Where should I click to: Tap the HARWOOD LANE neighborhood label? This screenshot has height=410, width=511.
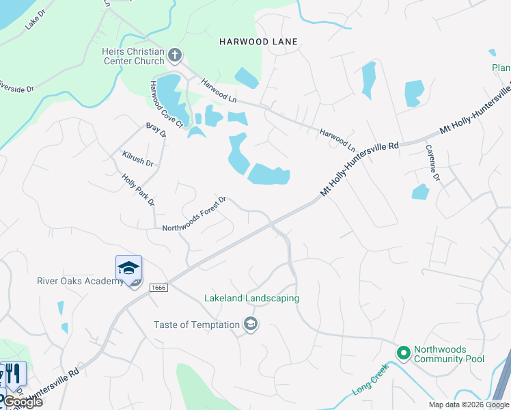[258, 42]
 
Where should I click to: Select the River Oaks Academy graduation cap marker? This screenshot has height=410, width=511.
[128, 269]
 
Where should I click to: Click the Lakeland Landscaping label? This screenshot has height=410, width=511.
[251, 299]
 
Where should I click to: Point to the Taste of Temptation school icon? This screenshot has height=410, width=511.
[251, 324]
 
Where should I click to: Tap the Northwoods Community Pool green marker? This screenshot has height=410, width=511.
[403, 353]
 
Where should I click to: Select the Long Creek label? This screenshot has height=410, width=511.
[370, 381]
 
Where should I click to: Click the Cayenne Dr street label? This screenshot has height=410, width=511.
[433, 163]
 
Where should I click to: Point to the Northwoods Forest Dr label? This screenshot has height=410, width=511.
[195, 214]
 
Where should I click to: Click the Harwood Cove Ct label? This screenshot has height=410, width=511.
[167, 104]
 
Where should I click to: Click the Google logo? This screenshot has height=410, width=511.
[22, 402]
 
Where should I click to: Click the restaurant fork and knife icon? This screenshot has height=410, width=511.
[12, 374]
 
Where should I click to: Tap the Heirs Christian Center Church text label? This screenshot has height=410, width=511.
[133, 56]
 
